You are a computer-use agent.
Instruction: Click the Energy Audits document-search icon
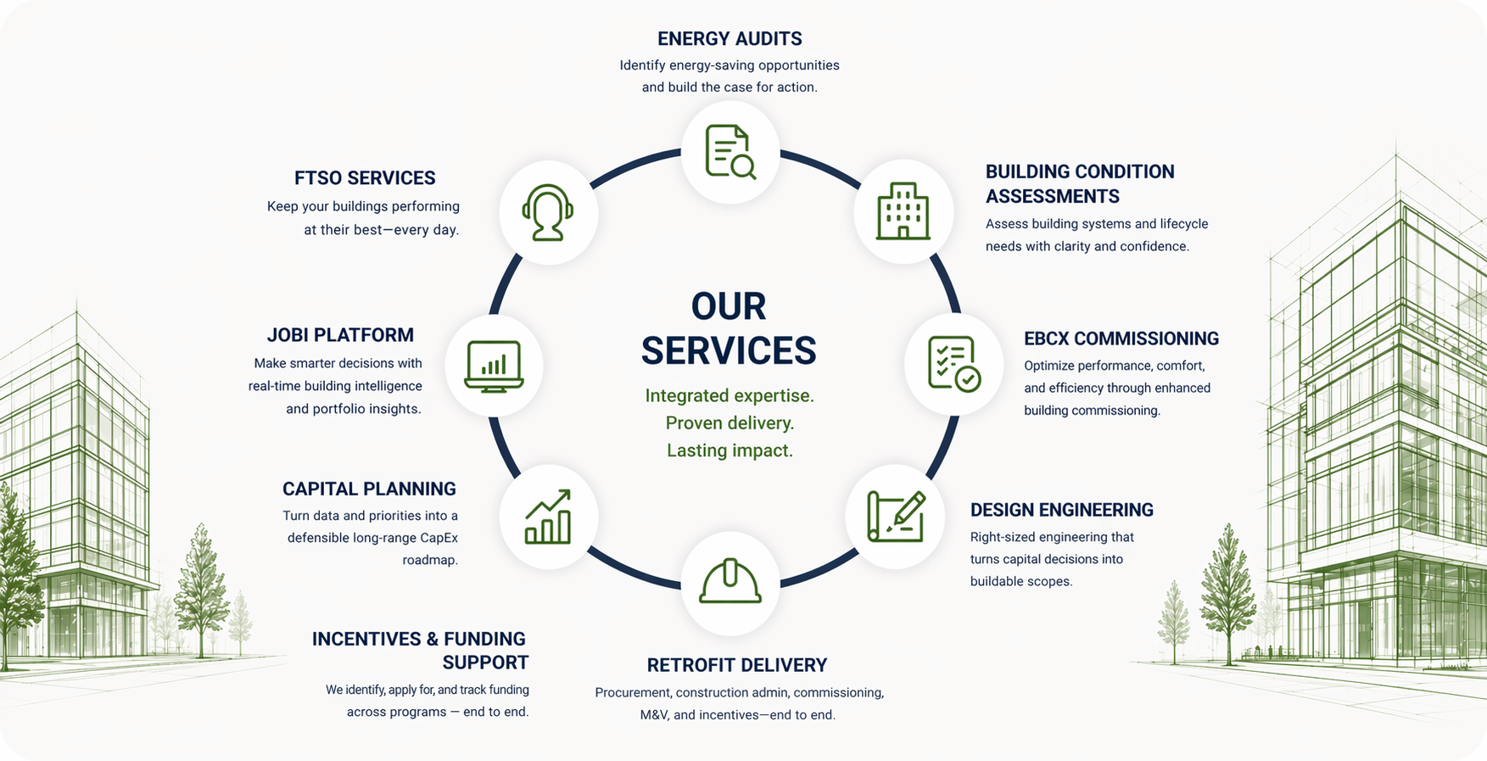[x=730, y=153]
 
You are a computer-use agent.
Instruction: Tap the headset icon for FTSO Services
[x=548, y=212]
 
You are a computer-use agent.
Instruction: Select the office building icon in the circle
[x=903, y=211]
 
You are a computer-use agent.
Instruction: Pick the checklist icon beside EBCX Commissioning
[x=953, y=364]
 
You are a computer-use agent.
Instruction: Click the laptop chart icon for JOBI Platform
[x=494, y=366]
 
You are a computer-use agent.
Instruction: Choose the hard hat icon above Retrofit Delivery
[x=730, y=582]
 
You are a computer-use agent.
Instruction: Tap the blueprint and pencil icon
[x=895, y=516]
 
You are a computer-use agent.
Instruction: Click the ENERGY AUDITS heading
[x=730, y=39]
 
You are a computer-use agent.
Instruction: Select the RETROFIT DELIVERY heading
[x=736, y=665]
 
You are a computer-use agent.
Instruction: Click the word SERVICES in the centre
[x=729, y=350]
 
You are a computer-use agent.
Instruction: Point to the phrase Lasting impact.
[x=730, y=450]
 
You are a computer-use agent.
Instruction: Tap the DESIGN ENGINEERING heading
[x=1061, y=510]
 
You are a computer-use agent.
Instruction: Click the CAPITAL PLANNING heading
[x=369, y=489]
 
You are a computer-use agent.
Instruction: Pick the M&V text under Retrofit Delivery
[x=654, y=715]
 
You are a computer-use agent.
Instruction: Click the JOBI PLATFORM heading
[x=340, y=335]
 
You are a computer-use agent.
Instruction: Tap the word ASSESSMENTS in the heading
[x=1052, y=197]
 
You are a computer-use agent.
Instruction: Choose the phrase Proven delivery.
[x=730, y=423]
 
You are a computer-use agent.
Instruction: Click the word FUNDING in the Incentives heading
[x=485, y=639]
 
